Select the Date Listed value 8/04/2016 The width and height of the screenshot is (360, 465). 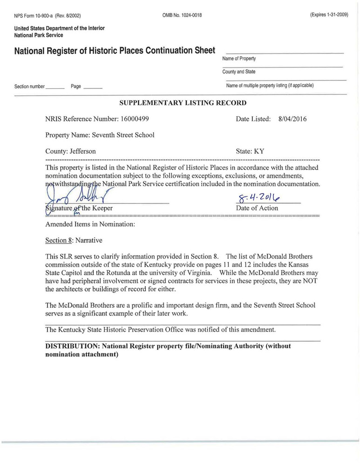[292, 119]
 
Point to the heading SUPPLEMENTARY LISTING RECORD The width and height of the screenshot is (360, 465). [183, 103]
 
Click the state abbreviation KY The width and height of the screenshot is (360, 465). [258, 151]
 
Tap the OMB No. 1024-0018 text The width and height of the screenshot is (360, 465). [182, 15]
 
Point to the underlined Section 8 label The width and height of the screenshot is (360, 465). [59, 240]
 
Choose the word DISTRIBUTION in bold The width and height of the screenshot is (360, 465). [72, 346]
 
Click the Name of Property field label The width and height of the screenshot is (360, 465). [239, 59]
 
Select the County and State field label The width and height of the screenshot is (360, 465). [239, 72]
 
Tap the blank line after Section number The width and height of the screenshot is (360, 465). [55, 87]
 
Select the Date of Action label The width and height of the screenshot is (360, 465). [257, 208]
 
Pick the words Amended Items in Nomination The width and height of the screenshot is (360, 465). [90, 224]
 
